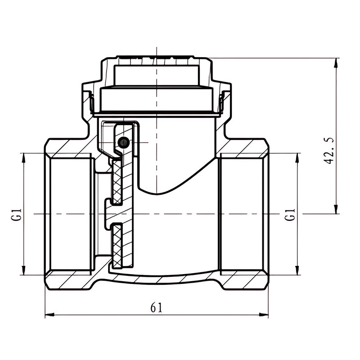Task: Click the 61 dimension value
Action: (156, 307)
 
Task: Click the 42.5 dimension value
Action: (328, 151)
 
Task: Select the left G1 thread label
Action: (16, 215)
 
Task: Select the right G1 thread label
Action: (290, 215)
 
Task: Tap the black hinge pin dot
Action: (123, 143)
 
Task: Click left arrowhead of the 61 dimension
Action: (49, 315)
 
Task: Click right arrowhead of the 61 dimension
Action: (264, 315)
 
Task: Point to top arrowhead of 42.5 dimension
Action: (336, 63)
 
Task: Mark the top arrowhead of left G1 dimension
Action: (23, 158)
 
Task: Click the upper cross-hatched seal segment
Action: (117, 182)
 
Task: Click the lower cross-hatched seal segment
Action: (117, 246)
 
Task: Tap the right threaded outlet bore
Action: (242, 214)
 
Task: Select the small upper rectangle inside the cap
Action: (157, 76)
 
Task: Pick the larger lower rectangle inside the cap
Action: (157, 99)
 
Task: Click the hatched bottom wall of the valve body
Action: (157, 280)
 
